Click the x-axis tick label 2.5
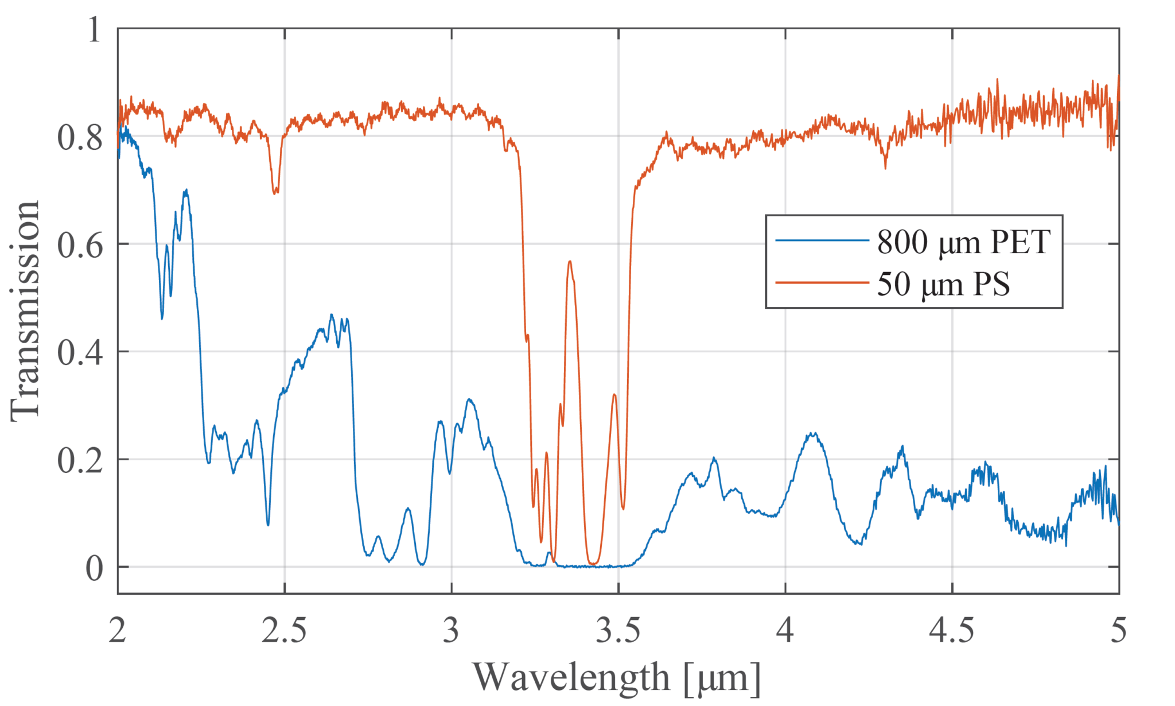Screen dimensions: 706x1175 pos(285,631)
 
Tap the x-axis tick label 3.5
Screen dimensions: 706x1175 pos(618,631)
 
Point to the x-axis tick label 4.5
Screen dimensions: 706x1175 pos(952,631)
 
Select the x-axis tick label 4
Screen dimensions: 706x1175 pos(785,631)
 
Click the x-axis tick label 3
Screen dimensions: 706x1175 pos(452,631)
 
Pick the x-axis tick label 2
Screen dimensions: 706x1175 pos(118,631)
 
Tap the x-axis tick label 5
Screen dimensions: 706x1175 pos(1119,631)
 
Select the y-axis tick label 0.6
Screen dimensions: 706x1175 pos(80,245)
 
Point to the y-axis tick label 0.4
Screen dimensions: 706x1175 pos(80,352)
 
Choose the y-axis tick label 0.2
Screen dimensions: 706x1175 pos(80,460)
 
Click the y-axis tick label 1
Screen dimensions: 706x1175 pos(94,30)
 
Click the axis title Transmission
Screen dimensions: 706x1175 pos(26,311)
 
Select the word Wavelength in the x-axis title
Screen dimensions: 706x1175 pos(571,677)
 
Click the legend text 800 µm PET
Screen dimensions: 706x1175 pos(964,242)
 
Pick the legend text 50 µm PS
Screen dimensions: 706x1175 pos(943,284)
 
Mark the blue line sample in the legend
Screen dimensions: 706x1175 pos(822,240)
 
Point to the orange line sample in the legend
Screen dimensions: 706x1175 pos(822,282)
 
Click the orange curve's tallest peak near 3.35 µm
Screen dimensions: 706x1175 pos(570,262)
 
